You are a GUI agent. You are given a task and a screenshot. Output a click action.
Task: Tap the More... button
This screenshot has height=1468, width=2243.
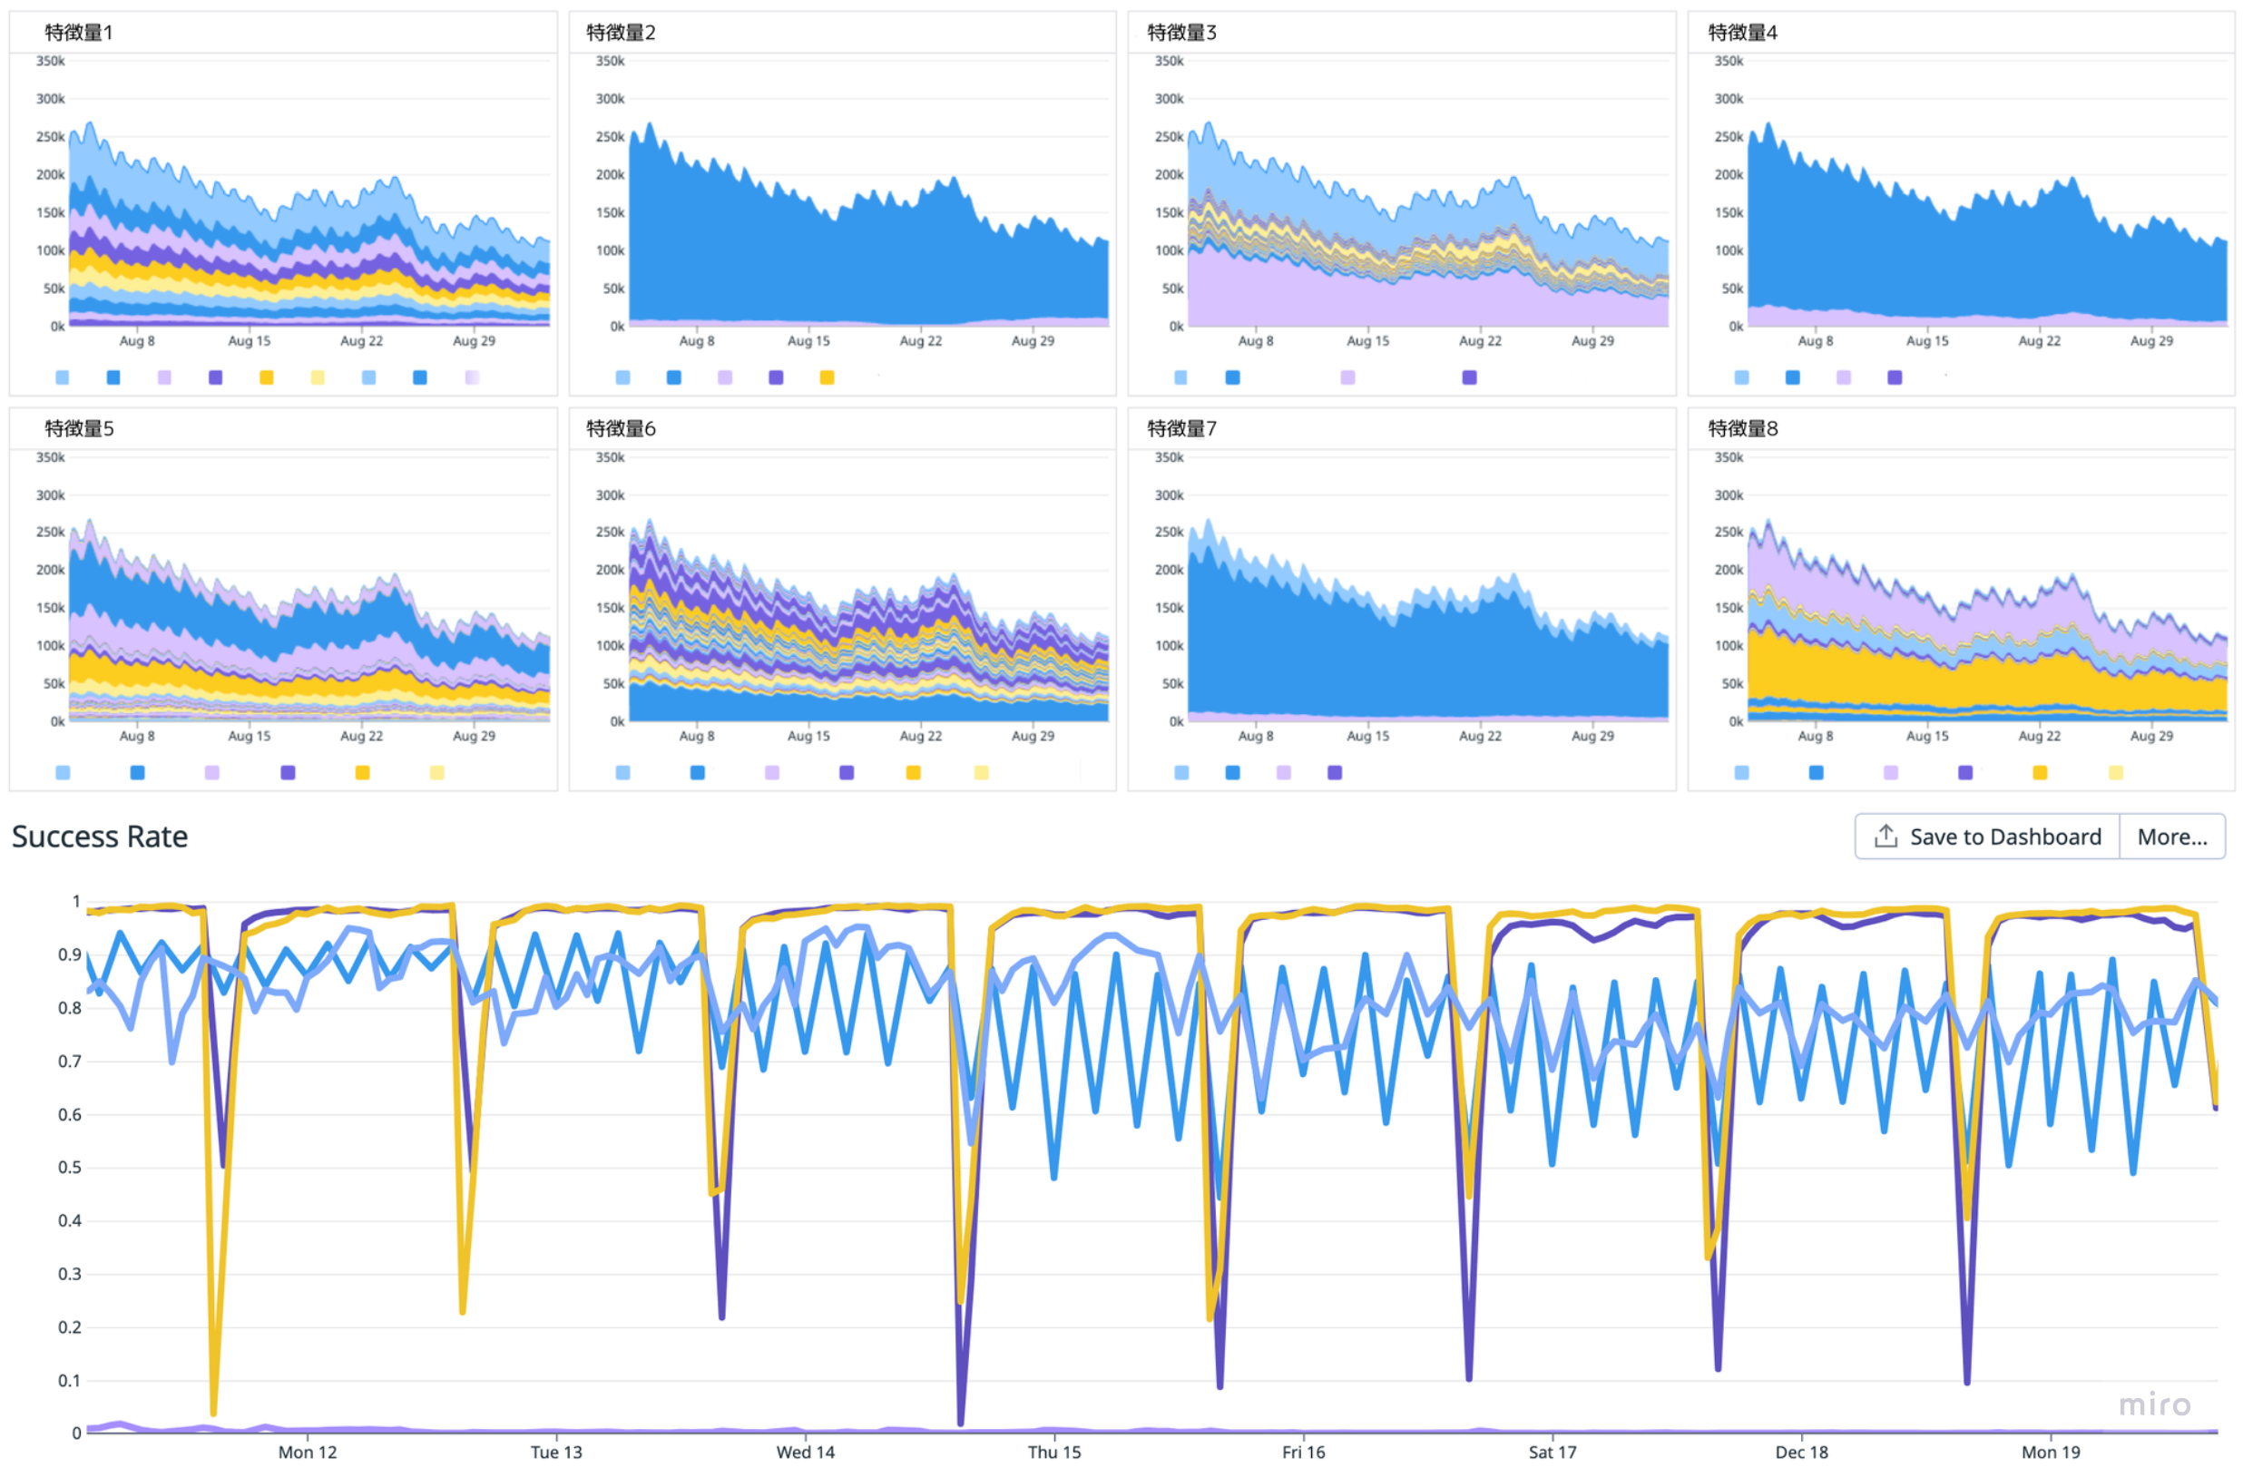pyautogui.click(x=2171, y=836)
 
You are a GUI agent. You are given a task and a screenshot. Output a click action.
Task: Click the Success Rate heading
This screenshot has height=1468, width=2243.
pyautogui.click(x=100, y=836)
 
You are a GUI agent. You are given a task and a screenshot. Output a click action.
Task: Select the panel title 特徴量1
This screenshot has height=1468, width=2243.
pyautogui.click(x=79, y=32)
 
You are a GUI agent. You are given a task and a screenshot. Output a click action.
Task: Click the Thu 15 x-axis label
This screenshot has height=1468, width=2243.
pyautogui.click(x=1053, y=1451)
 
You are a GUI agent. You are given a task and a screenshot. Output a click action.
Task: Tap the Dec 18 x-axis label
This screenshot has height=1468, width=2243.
pyautogui.click(x=1801, y=1451)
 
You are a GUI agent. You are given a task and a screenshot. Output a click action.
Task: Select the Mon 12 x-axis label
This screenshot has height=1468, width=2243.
pyautogui.click(x=308, y=1451)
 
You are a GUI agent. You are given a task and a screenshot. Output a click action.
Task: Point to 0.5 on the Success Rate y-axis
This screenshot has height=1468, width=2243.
pyautogui.click(x=70, y=1167)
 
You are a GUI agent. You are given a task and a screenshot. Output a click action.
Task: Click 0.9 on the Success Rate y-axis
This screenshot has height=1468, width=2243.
pyautogui.click(x=70, y=954)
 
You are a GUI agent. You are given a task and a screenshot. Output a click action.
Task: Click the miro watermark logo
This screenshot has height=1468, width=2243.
pyautogui.click(x=2154, y=1404)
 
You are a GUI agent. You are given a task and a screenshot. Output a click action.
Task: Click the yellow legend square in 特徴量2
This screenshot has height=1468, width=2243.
pyautogui.click(x=827, y=377)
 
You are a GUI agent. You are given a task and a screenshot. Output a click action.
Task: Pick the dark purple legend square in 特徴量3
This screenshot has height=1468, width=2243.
pyautogui.click(x=1469, y=377)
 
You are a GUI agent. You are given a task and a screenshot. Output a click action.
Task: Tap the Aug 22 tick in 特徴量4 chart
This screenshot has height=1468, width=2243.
pyautogui.click(x=2039, y=340)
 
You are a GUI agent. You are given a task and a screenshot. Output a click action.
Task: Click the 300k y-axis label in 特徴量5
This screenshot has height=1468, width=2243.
pyautogui.click(x=50, y=494)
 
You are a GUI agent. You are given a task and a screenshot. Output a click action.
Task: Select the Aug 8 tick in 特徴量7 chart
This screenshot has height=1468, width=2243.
pyautogui.click(x=1255, y=735)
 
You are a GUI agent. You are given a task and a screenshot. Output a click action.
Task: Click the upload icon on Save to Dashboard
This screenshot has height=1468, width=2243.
pyautogui.click(x=1885, y=836)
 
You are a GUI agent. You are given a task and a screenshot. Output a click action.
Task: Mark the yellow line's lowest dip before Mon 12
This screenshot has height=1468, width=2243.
pyautogui.click(x=214, y=1412)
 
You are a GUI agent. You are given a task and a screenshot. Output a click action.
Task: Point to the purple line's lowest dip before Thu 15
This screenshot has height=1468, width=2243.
pyautogui.click(x=960, y=1421)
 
